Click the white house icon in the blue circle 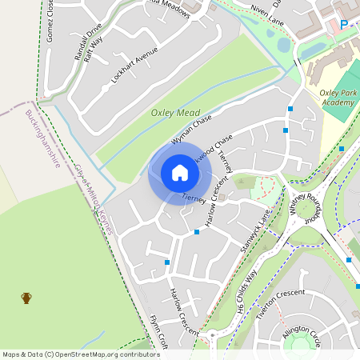pyautogui.click(x=179, y=173)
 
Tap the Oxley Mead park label pyautogui.click(x=175, y=113)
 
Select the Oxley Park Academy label pyautogui.click(x=338, y=98)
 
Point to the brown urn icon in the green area pyautogui.click(x=26, y=298)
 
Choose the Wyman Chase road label pyautogui.click(x=190, y=129)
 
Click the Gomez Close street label pyautogui.click(x=51, y=21)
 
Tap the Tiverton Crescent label pyautogui.click(x=280, y=303)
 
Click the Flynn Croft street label pyautogui.click(x=159, y=331)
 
